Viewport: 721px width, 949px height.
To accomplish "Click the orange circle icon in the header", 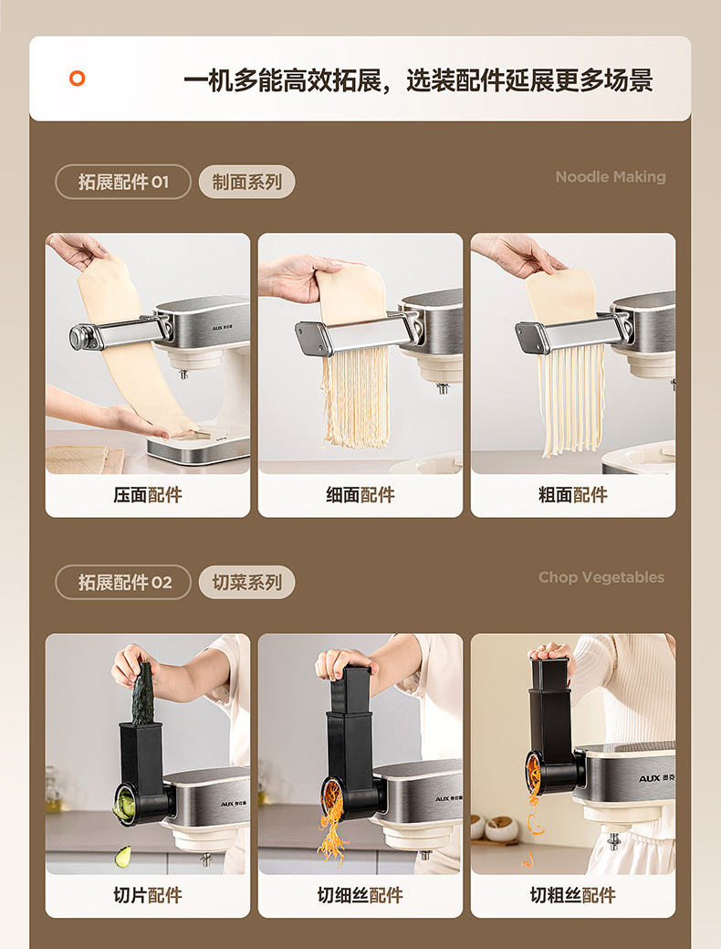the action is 77,78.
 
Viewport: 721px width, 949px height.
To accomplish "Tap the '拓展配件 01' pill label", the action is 123,182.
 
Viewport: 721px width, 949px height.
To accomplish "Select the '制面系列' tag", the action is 246,182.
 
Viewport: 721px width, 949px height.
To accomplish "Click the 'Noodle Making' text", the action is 611,176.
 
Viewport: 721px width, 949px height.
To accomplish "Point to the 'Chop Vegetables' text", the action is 601,577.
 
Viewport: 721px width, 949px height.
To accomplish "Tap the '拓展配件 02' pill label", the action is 123,582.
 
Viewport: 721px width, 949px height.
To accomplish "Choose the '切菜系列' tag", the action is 246,582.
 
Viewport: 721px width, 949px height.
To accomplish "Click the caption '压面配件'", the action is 148,495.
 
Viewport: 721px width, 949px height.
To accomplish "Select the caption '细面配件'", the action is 360,495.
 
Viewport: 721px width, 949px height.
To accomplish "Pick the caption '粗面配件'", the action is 573,495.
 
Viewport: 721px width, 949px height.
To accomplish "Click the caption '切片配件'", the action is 148,895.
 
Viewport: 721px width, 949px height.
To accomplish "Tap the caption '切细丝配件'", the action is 360,895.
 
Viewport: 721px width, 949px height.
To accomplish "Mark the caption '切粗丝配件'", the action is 573,895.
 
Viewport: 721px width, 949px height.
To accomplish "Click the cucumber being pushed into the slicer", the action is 142,694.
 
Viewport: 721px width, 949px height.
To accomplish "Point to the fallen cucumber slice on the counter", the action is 123,856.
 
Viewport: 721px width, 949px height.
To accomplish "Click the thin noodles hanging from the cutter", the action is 356,396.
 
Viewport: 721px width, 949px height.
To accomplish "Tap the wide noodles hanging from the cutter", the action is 571,399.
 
